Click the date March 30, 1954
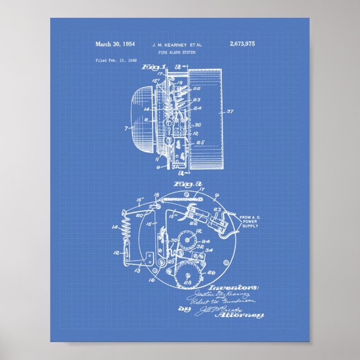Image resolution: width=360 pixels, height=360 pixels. click(114, 43)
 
